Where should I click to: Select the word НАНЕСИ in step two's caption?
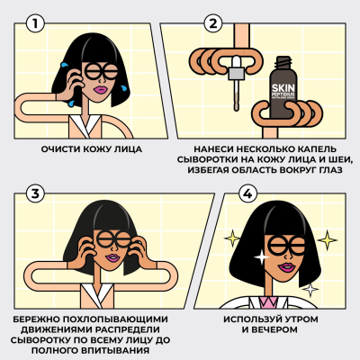(x=211, y=148)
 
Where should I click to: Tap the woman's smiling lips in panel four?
(x=285, y=265)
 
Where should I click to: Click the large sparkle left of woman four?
(x=232, y=238)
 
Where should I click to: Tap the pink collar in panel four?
(x=270, y=299)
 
